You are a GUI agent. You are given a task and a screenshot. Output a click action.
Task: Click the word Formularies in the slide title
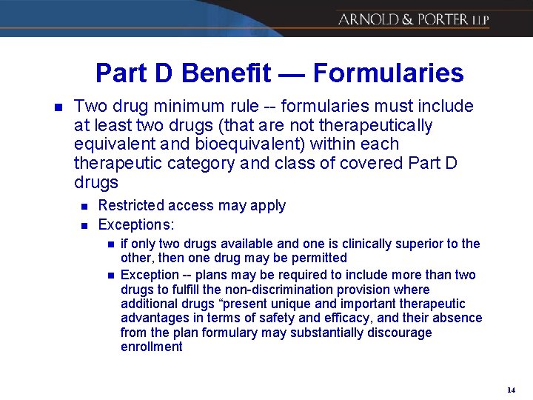tap(388, 73)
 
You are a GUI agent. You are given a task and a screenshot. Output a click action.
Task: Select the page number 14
tap(511, 390)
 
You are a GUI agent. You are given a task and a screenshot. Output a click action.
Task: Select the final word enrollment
tap(151, 347)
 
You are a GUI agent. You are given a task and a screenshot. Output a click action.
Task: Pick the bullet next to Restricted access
tap(84, 206)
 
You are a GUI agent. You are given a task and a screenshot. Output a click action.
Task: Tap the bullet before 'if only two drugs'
tap(110, 244)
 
